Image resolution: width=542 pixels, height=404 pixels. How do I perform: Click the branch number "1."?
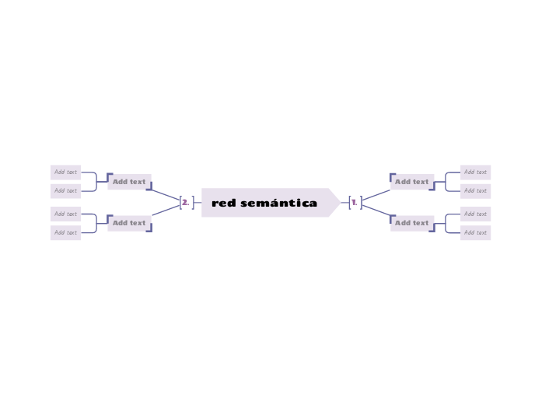(x=354, y=203)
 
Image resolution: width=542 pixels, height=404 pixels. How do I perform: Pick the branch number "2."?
(x=185, y=203)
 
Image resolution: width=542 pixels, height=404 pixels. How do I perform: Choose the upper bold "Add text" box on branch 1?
(x=411, y=182)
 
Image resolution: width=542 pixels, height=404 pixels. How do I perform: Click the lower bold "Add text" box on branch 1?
(x=411, y=223)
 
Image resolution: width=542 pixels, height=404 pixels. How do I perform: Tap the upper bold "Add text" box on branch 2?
(x=129, y=182)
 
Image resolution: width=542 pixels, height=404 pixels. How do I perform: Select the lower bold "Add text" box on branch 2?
(x=129, y=223)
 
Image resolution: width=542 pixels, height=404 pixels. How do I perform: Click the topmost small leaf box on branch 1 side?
(x=475, y=172)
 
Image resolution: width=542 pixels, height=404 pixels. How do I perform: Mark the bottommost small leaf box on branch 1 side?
(x=475, y=232)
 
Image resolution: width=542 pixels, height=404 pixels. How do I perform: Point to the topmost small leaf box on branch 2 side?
(x=65, y=172)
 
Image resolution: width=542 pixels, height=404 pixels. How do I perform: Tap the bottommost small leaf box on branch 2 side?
(x=65, y=232)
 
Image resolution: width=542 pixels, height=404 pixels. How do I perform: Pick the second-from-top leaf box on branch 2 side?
(x=65, y=190)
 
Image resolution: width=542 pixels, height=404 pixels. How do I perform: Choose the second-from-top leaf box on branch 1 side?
(x=475, y=190)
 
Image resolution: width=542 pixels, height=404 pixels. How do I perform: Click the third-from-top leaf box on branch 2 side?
(x=65, y=214)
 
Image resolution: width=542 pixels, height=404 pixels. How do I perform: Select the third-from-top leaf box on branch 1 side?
(x=475, y=214)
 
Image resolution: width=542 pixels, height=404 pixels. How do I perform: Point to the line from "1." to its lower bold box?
(x=376, y=211)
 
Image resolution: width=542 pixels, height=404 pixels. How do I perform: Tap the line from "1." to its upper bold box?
(x=376, y=194)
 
